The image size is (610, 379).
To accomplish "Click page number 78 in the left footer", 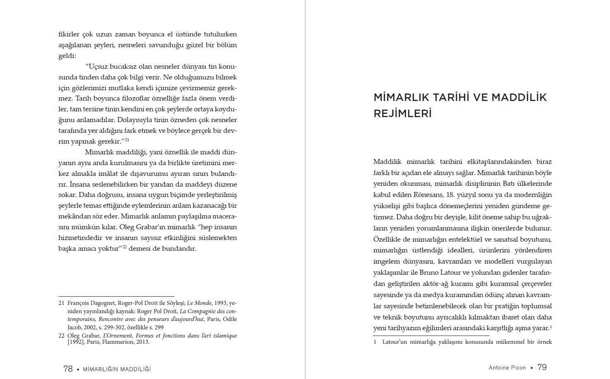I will tap(68, 369).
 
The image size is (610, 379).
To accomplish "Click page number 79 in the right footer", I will tap(542, 367).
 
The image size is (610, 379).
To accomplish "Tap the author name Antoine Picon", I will tap(507, 368).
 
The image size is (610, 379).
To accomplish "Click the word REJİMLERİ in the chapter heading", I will tap(402, 113).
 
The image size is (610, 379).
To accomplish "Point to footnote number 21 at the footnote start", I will tap(61, 303).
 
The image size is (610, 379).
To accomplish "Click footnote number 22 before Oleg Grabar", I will tap(61, 336).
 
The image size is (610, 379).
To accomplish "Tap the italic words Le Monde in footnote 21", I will tap(199, 303).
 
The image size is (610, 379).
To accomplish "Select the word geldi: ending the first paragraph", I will tap(67, 55).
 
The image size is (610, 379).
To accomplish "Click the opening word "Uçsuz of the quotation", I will tap(96, 66).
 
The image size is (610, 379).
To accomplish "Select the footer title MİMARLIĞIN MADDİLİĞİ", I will tap(117, 369).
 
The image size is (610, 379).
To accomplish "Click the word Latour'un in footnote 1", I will tap(395, 342).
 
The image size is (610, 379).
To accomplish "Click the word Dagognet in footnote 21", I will tap(103, 303).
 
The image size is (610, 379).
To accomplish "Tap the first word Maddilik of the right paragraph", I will tap(387, 161).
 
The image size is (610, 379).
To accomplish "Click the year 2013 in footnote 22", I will tap(142, 342).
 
